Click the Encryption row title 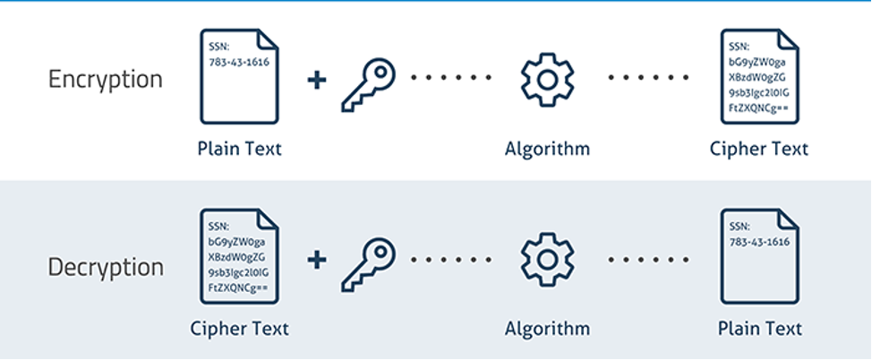[106, 80]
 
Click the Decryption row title [106, 267]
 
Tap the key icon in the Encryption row [368, 84]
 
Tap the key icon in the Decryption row [368, 264]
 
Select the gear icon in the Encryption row [548, 80]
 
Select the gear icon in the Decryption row [548, 260]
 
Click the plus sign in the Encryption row [317, 80]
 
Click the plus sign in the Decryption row [317, 260]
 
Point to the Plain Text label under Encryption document [240, 150]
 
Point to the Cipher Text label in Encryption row [759, 150]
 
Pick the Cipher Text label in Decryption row [240, 329]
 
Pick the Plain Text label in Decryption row [760, 329]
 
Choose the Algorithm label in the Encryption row [547, 150]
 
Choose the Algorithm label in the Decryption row [547, 329]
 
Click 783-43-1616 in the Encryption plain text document [239, 62]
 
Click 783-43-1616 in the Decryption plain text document [759, 242]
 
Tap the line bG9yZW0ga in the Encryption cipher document [757, 62]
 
